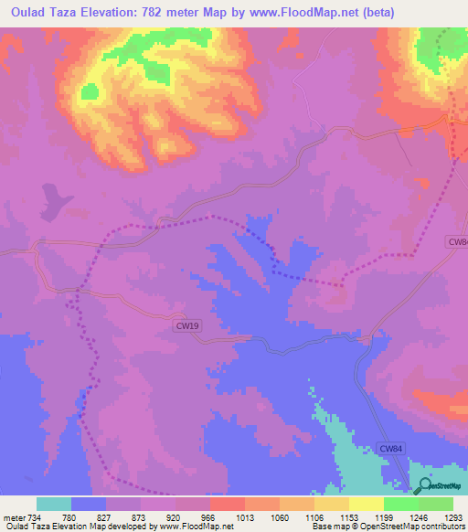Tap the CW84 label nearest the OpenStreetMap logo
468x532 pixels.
click(390, 448)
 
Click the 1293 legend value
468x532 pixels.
click(453, 517)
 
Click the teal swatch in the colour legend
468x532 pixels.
click(53, 504)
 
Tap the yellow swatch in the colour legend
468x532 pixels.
click(366, 504)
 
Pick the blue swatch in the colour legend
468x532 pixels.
click(89, 504)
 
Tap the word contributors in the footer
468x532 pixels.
click(441, 527)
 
